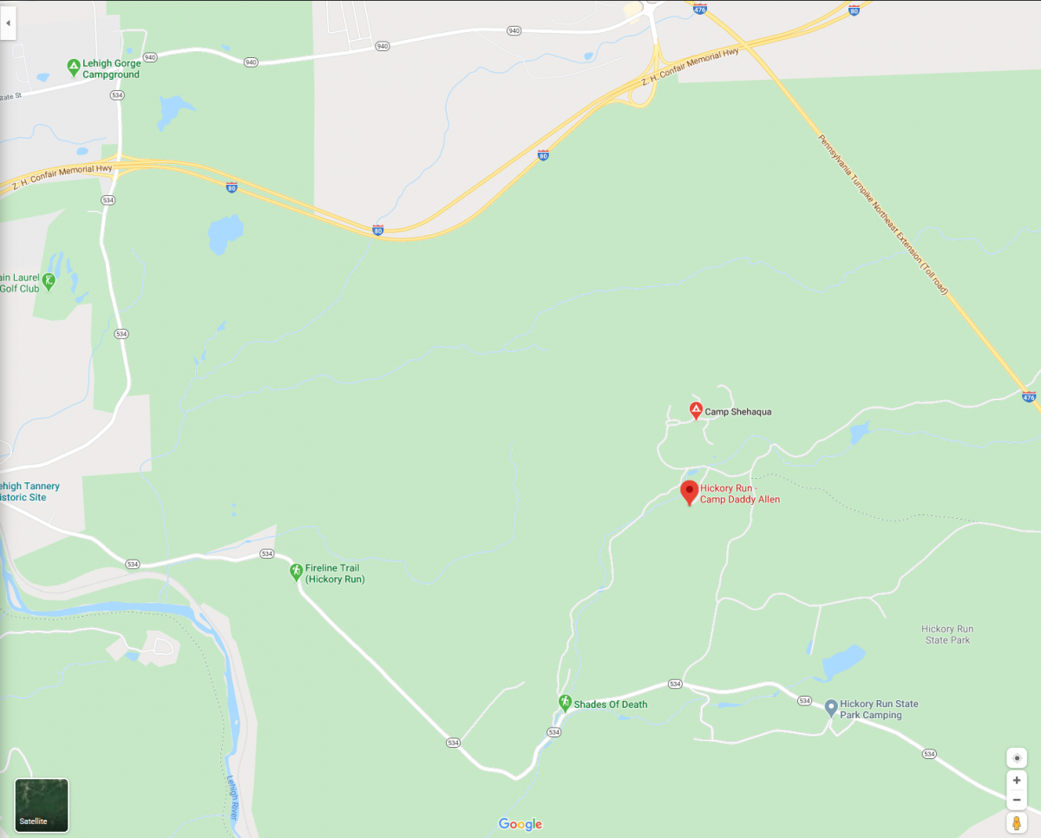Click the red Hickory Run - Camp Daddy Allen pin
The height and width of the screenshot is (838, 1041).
[690, 492]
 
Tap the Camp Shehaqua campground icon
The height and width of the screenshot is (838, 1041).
[696, 410]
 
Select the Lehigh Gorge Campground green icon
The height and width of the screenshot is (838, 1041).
[74, 66]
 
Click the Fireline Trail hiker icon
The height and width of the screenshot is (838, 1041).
[296, 571]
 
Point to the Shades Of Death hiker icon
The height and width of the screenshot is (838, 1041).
[565, 702]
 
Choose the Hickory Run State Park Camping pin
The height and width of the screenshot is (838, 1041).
[830, 708]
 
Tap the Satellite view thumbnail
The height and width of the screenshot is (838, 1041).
[42, 805]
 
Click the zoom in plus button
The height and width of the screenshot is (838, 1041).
[1017, 780]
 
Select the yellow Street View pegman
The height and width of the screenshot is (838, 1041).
[1017, 822]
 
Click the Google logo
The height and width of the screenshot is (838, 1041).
[520, 824]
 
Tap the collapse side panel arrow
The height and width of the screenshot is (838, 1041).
[8, 23]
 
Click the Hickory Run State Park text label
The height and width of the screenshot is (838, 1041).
[947, 634]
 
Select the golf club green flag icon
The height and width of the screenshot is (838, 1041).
[49, 280]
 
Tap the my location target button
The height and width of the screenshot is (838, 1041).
[1017, 757]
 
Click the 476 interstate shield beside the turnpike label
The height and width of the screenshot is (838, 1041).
[1029, 397]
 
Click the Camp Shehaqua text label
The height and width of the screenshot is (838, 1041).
[737, 412]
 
